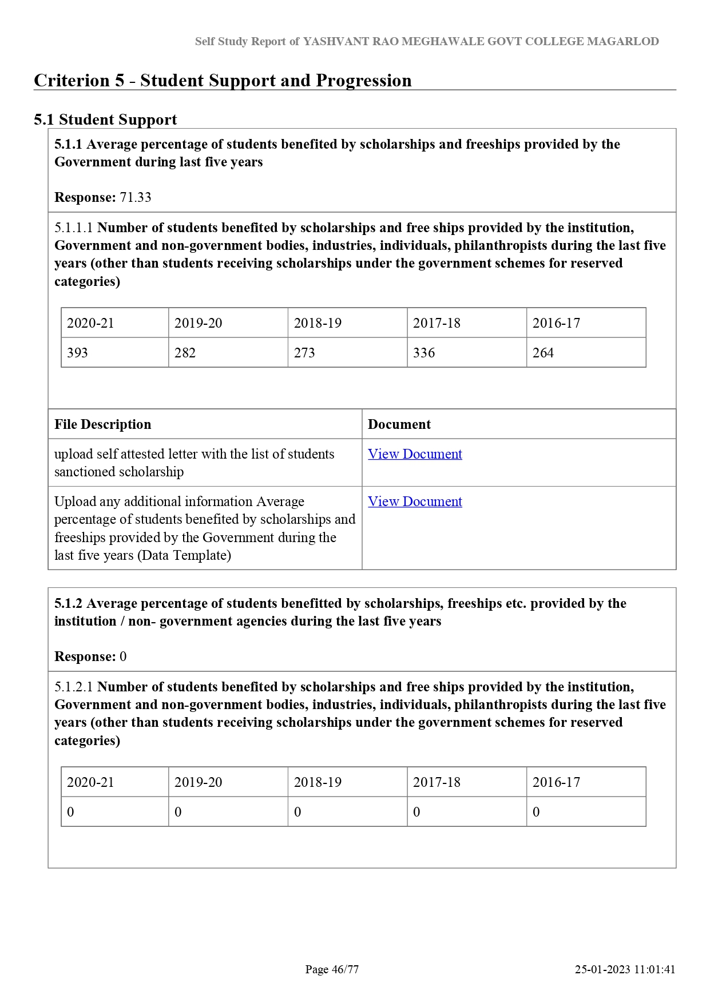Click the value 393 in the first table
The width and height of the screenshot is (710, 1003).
coord(77,353)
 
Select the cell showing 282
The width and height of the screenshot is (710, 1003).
coord(185,353)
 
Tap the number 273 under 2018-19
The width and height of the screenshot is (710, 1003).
coord(304,353)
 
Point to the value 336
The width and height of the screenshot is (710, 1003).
coord(424,353)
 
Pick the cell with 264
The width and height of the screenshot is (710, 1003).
coord(543,353)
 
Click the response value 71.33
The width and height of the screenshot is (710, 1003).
coord(136,197)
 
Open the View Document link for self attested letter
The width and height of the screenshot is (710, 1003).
coord(415,454)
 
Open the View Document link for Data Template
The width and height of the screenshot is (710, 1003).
coord(415,502)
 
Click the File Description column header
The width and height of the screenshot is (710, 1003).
coord(103,424)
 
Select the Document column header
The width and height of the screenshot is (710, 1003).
coord(399,424)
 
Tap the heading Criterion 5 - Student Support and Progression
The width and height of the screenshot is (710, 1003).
coord(223,81)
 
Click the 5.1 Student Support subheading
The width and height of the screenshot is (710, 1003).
coord(105,120)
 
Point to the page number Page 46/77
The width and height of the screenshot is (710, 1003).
coord(332,969)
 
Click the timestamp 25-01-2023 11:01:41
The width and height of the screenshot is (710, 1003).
coord(625,969)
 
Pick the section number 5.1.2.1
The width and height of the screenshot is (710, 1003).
coord(73,687)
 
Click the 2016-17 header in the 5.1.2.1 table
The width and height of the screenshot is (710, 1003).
coord(556,782)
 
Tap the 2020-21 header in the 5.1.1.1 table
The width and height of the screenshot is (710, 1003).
coord(90,323)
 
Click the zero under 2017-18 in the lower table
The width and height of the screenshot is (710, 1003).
coord(417,812)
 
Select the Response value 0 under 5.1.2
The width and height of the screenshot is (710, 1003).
coord(123,656)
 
